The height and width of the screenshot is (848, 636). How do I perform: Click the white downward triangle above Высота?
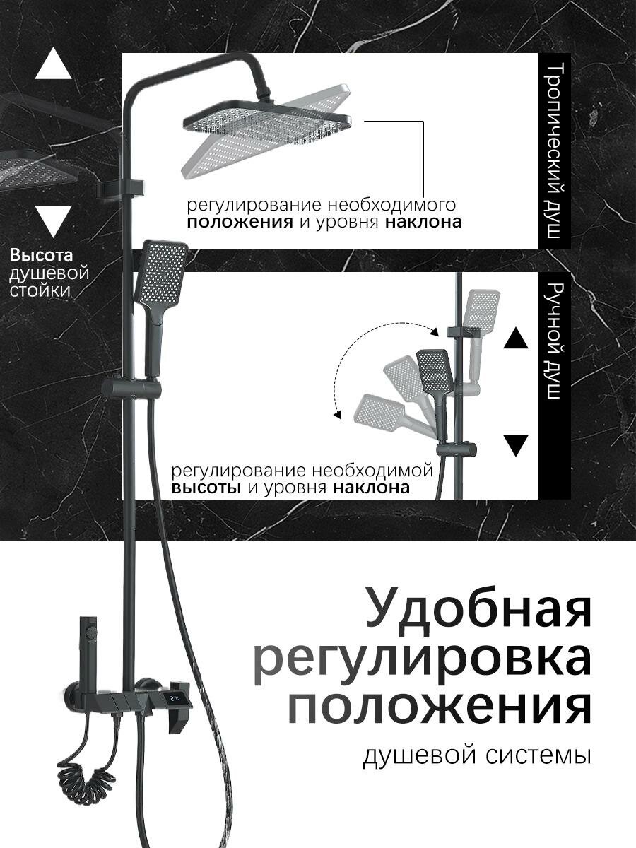click(x=53, y=220)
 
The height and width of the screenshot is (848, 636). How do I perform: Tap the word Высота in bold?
click(x=42, y=255)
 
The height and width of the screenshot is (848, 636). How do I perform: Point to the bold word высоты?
click(x=208, y=488)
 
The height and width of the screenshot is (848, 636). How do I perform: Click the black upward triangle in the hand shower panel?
click(x=516, y=338)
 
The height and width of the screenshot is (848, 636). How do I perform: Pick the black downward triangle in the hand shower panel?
click(x=517, y=445)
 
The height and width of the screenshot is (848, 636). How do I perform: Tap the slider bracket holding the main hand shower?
click(x=131, y=389)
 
